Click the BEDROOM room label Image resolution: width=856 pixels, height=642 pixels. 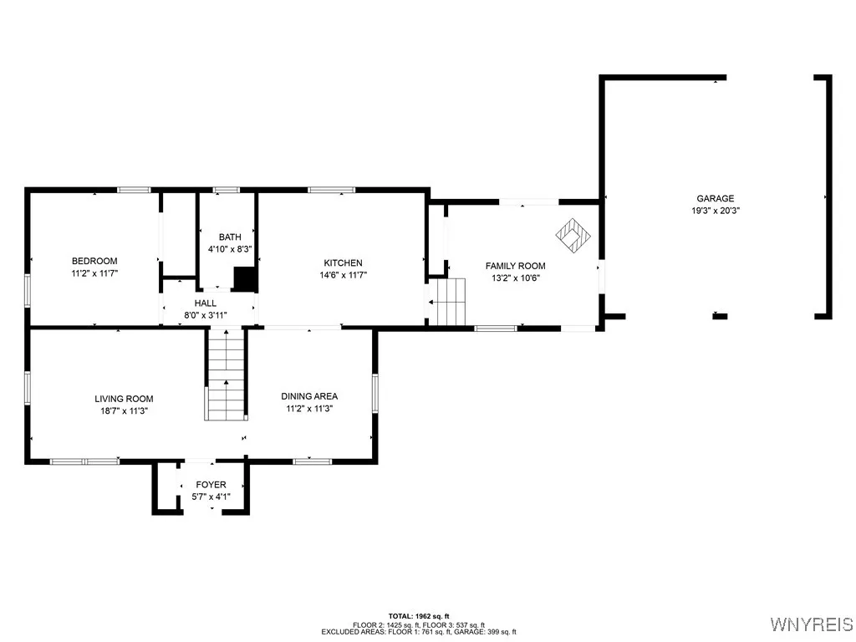[94, 261]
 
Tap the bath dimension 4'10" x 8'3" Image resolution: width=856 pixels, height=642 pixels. [229, 249]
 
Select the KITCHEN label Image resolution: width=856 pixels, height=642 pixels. [343, 262]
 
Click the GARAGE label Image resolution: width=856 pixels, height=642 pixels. [715, 198]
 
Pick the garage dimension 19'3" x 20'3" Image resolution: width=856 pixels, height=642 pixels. [715, 211]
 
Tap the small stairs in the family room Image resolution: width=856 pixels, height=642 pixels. [451, 302]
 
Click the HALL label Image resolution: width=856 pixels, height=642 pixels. [206, 303]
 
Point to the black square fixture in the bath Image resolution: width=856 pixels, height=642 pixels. [244, 279]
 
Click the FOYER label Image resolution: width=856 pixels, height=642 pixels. [211, 485]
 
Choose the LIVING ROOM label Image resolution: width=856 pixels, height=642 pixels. [124, 399]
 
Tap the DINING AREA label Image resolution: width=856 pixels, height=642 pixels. [309, 396]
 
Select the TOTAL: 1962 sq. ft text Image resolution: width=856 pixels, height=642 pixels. [418, 616]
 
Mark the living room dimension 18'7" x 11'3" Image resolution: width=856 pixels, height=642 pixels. [124, 411]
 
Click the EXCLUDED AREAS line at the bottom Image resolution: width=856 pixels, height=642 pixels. [418, 632]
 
